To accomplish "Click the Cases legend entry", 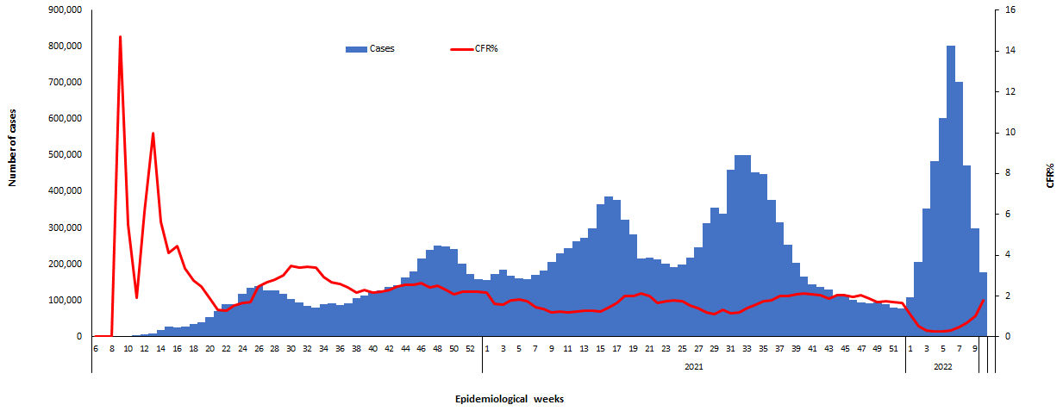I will (x=372, y=48).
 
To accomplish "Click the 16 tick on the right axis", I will (x=1009, y=9).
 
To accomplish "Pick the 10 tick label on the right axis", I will (x=1009, y=133).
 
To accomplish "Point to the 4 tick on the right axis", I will (x=1006, y=255).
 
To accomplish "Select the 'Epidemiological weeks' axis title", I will (x=509, y=399).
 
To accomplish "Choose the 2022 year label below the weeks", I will (x=941, y=365).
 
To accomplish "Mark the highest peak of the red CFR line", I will (x=120, y=37).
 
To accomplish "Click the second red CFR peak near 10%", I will (x=153, y=134).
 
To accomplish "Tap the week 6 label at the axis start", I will (x=96, y=348).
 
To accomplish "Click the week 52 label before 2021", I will (x=470, y=348).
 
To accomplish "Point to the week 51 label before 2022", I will (x=893, y=348).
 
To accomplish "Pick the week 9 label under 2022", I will (x=975, y=348).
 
